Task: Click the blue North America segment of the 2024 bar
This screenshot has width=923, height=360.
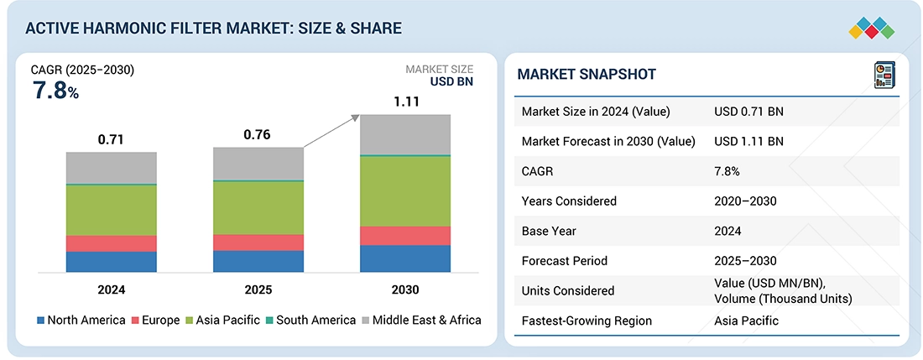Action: pos(112,262)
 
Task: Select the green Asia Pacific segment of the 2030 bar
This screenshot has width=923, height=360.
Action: pos(405,190)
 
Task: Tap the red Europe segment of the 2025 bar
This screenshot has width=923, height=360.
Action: pos(258,243)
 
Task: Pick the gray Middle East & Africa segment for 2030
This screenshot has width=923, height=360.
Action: pos(405,134)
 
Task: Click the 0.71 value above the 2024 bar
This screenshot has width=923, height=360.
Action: pos(111,139)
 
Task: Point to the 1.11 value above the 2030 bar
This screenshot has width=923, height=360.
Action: pos(405,102)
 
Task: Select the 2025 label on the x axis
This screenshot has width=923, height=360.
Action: pos(258,290)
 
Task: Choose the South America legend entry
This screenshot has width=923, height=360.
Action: pos(310,320)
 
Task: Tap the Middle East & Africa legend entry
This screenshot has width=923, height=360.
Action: pos(420,320)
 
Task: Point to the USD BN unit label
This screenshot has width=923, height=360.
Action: pos(451,82)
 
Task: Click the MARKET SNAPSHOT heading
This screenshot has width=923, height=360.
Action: pos(587,75)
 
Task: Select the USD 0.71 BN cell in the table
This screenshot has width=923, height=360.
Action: pos(748,112)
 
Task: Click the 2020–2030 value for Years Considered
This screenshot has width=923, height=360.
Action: pos(745,201)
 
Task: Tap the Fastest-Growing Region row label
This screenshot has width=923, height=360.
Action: pos(587,321)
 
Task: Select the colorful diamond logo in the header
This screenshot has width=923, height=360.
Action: pos(872,27)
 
